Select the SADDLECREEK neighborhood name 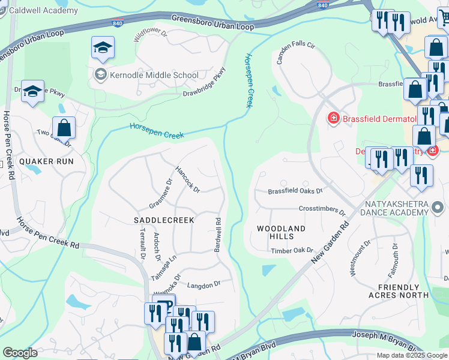click(164, 220)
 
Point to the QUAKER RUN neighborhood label click(46, 161)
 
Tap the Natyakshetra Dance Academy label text click(394, 208)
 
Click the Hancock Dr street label click(187, 179)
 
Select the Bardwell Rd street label click(218, 235)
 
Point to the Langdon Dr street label click(204, 284)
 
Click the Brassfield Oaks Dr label click(295, 191)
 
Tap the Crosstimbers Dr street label click(322, 210)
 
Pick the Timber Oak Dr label click(292, 250)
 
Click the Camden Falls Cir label click(295, 53)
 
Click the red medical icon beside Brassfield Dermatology click(333, 118)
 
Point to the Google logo click(20, 353)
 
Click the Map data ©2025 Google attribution click(411, 355)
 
